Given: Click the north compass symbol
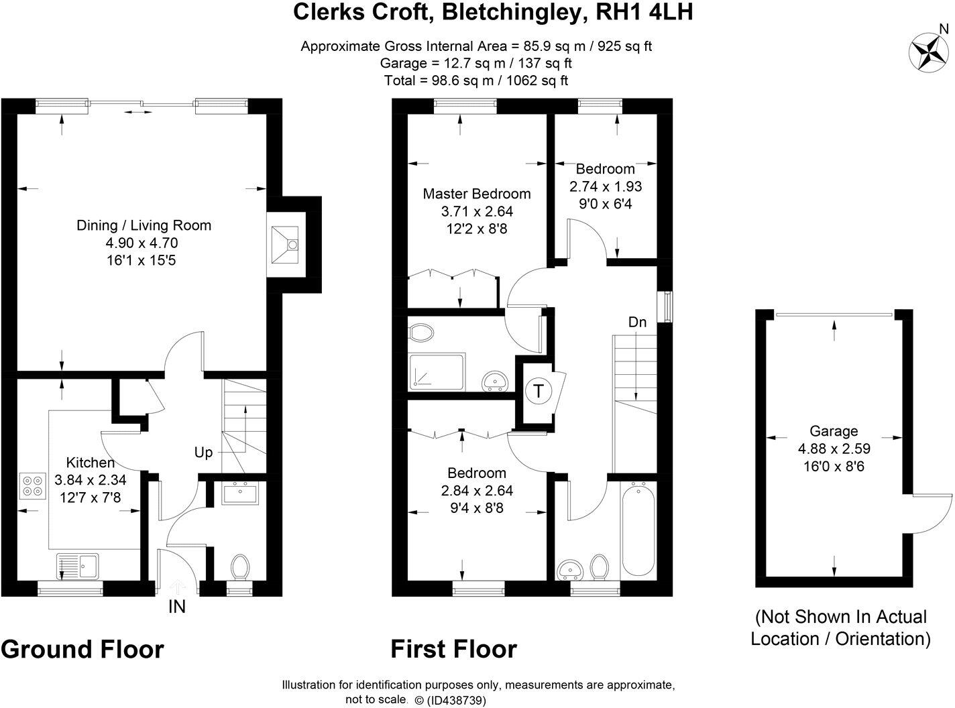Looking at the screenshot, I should pos(927,51).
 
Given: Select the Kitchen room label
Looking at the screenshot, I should pos(90,463).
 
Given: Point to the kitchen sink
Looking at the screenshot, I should pos(78,565).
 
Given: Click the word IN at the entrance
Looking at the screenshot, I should pos(177,607).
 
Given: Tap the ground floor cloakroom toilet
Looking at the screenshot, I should pos(239,567).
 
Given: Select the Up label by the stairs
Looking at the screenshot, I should pos(203,453).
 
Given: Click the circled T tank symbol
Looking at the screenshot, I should pos(538,390).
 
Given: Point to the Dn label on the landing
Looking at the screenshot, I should pos(637,322).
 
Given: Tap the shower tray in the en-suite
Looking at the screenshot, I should pos(436,371).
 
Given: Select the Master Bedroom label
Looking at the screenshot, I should pos(476,194).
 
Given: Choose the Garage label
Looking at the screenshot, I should pos(833,431).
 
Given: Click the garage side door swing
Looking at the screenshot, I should pos(932,513).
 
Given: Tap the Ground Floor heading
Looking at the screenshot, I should pos(82,649).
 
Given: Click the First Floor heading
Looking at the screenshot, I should pos(454,649).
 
